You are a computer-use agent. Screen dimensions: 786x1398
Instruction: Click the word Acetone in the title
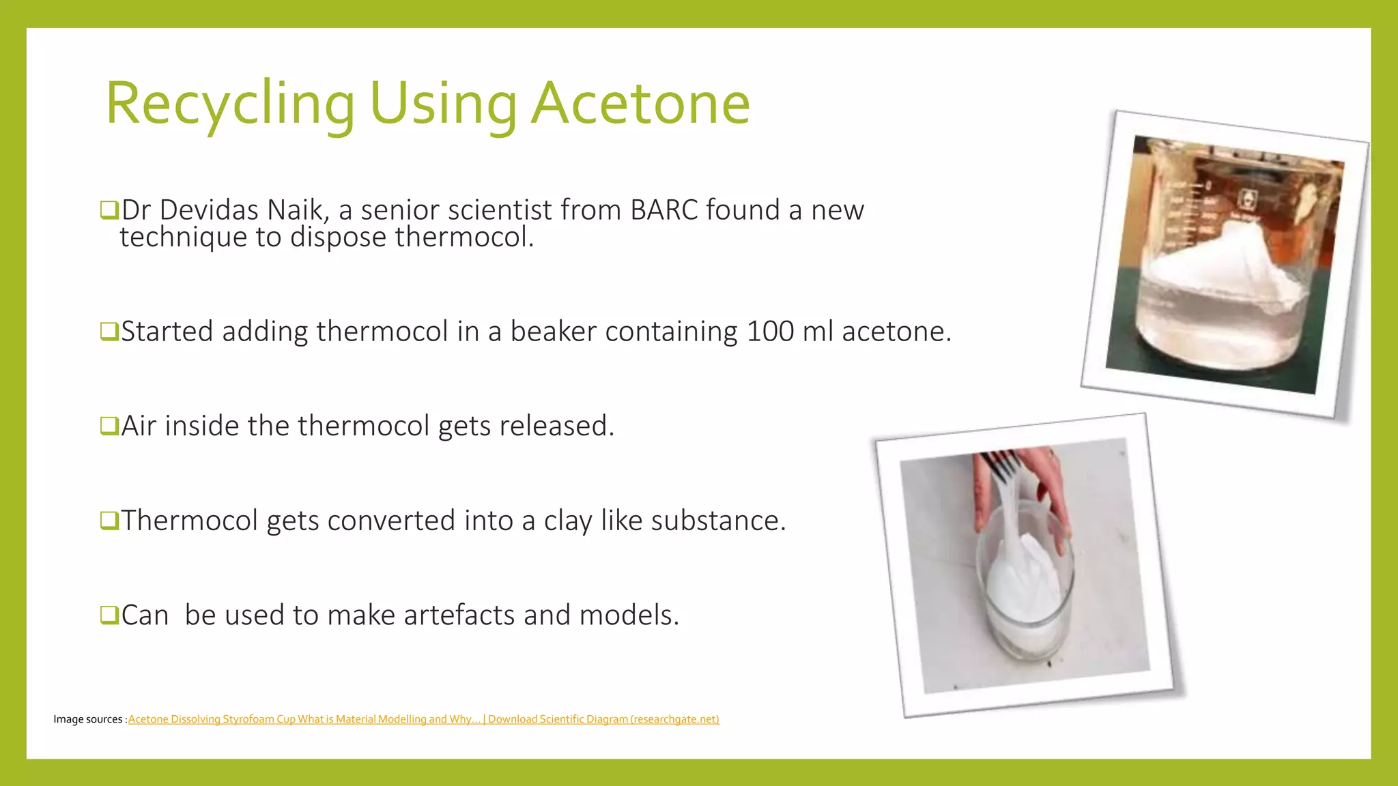640,104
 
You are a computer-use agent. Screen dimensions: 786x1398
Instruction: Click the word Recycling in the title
230,104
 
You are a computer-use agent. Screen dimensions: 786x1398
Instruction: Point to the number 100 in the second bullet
771,332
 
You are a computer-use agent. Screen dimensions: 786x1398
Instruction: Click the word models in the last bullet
629,615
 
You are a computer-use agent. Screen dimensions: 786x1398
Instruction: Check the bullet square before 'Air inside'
109,426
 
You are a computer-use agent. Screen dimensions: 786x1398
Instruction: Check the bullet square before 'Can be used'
109,615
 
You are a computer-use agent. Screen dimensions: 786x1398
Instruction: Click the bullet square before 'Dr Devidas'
109,210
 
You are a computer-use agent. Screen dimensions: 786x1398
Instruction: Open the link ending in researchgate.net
603,719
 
